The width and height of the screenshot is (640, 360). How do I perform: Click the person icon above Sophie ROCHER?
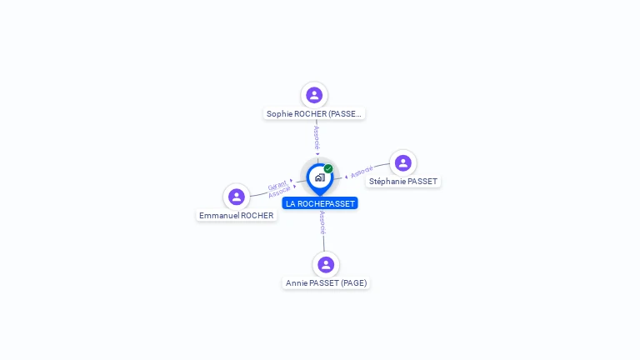pyautogui.click(x=314, y=95)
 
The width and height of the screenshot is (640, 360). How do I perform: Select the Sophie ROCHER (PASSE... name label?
pyautogui.click(x=314, y=113)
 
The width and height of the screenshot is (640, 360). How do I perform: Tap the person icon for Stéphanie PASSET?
pyautogui.click(x=403, y=163)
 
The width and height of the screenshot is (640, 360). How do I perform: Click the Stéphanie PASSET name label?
pyautogui.click(x=403, y=182)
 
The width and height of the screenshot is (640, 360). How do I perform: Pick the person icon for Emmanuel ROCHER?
pyautogui.click(x=237, y=197)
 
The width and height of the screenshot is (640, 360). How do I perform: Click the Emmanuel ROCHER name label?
pyautogui.click(x=236, y=215)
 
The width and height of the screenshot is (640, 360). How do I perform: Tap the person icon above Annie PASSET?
pyautogui.click(x=326, y=265)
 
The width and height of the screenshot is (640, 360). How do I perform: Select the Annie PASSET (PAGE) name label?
pyautogui.click(x=326, y=283)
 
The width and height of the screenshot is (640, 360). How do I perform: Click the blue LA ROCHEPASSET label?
pyautogui.click(x=320, y=203)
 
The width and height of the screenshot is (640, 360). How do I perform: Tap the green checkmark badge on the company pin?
pyautogui.click(x=328, y=169)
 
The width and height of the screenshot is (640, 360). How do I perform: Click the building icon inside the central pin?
pyautogui.click(x=319, y=177)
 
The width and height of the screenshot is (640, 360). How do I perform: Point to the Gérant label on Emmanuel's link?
pyautogui.click(x=277, y=185)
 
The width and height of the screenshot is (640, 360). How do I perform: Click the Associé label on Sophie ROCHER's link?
pyautogui.click(x=317, y=137)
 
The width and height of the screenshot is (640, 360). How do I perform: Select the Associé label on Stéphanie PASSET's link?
pyautogui.click(x=362, y=172)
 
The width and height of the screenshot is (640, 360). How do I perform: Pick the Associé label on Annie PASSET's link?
pyautogui.click(x=322, y=222)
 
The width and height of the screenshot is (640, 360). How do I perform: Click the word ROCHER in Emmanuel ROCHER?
pyautogui.click(x=257, y=215)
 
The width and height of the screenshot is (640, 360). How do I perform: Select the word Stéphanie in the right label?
pyautogui.click(x=389, y=182)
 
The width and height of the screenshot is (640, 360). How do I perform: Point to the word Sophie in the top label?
pyautogui.click(x=279, y=113)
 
